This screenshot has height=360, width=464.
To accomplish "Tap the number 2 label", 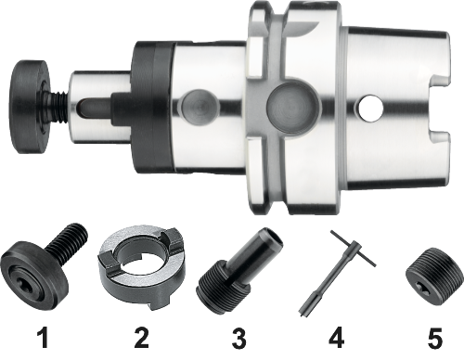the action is click(141, 338).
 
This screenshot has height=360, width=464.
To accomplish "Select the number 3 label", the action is click(239, 338).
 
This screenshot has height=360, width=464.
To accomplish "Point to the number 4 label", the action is click(337, 338).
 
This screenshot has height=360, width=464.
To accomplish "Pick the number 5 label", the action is click(435, 338).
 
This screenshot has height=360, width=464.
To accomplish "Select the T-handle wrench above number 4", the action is click(337, 272).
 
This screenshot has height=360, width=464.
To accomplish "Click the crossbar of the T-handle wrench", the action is click(354, 248).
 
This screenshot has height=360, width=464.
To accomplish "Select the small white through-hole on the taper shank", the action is click(370, 109).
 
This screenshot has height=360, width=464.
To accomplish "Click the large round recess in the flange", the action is click(292, 109).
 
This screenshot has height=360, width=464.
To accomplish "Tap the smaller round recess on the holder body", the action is click(198, 106).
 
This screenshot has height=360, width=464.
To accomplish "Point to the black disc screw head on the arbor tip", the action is click(29, 106).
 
